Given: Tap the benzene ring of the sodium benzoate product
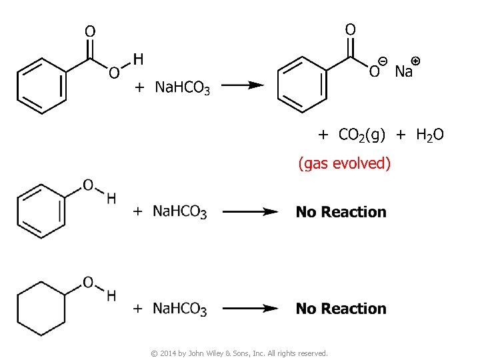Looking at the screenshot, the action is [x=303, y=83].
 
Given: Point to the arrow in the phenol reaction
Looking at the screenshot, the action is [x=249, y=212].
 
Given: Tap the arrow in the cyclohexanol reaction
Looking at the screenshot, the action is [x=249, y=309].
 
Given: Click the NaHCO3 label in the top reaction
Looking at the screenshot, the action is [x=182, y=87].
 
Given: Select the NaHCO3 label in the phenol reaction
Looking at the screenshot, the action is [x=180, y=212].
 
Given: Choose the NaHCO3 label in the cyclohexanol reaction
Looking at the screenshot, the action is [x=180, y=309].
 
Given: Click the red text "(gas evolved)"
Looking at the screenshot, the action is [x=344, y=163].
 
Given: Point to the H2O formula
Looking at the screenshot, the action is [x=429, y=135].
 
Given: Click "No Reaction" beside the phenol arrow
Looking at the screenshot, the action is [x=341, y=212].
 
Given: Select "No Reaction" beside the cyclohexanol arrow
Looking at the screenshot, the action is [x=341, y=309].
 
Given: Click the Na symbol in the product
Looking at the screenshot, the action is [x=403, y=71].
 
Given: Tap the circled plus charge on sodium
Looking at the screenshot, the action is [x=416, y=61].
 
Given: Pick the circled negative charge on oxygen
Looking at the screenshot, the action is [x=383, y=61].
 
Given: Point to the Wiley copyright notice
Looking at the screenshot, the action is [x=240, y=353].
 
